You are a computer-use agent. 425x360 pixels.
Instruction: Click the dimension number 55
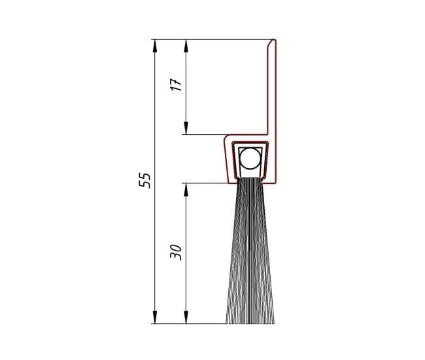tap(144, 180)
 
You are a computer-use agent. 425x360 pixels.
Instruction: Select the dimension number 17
tap(177, 85)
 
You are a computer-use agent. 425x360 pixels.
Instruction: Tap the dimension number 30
tap(176, 253)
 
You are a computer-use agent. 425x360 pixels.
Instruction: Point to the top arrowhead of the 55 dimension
tap(155, 46)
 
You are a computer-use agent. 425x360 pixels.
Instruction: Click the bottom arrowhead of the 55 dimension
tap(155, 317)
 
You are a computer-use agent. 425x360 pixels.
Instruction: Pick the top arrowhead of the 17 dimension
tap(186, 46)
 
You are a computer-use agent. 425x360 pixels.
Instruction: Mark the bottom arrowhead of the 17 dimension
tap(186, 128)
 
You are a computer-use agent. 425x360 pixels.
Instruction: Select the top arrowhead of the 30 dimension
tap(186, 190)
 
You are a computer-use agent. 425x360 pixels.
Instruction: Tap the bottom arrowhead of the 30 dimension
tap(186, 317)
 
